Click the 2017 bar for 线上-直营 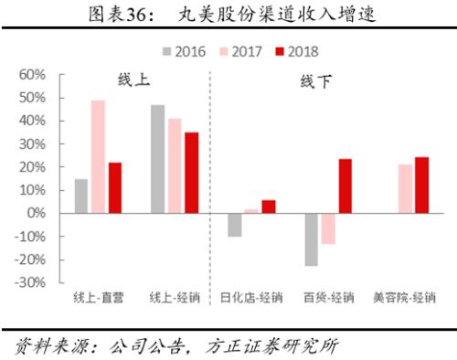click(98, 156)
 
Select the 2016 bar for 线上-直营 click(81, 196)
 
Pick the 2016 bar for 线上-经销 click(157, 159)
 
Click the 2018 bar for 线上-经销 click(191, 173)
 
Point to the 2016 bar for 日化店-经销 click(235, 225)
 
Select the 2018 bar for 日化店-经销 click(268, 206)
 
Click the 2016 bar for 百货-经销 click(312, 239)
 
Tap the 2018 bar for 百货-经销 click(345, 185)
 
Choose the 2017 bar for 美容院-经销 click(405, 188)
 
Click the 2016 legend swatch click(167, 51)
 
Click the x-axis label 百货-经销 click(327, 298)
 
